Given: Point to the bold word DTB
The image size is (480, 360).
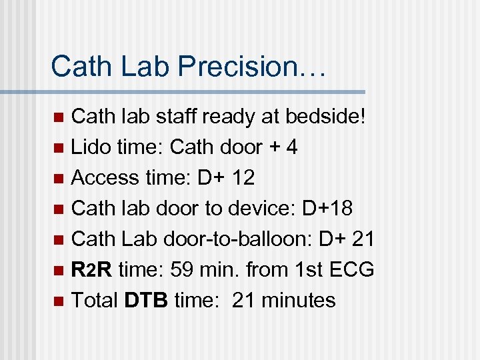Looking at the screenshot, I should (147, 301).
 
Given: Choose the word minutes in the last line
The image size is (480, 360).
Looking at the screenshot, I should (299, 301).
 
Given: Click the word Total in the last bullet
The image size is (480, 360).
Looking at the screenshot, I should (95, 301).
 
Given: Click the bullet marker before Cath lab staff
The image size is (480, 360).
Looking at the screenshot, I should (58, 118).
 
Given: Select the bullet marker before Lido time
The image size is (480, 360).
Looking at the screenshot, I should (58, 149).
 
